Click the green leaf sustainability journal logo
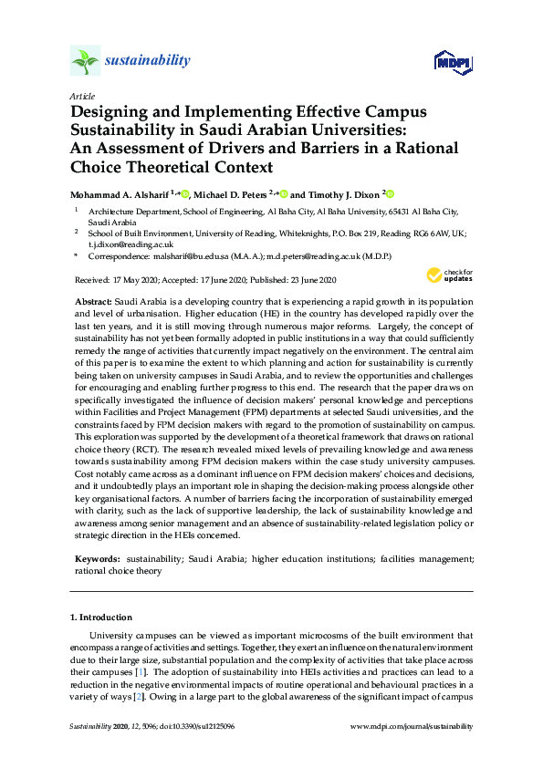coord(85,61)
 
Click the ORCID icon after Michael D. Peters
coord(284,194)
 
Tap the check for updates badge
coord(448,275)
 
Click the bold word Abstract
coord(93,301)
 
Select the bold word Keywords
coord(97,557)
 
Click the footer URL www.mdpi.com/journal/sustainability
coord(412,726)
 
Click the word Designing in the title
coord(108,111)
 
